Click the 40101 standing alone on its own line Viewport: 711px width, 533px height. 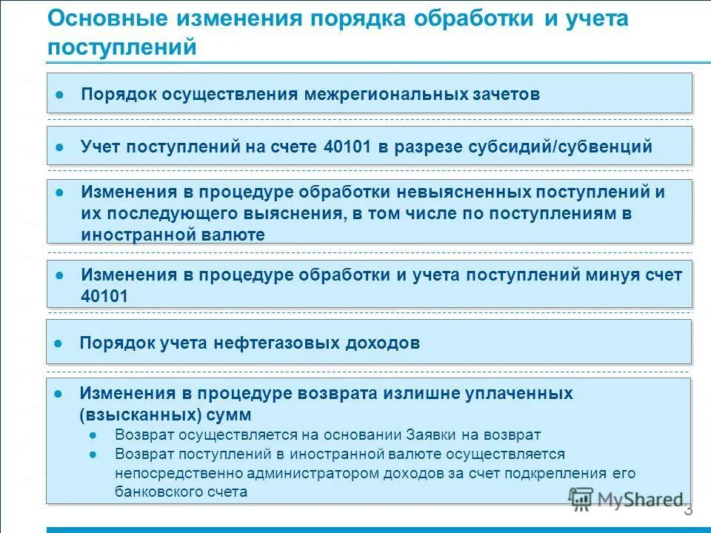point(104,296)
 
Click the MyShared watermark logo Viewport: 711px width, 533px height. point(626,499)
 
